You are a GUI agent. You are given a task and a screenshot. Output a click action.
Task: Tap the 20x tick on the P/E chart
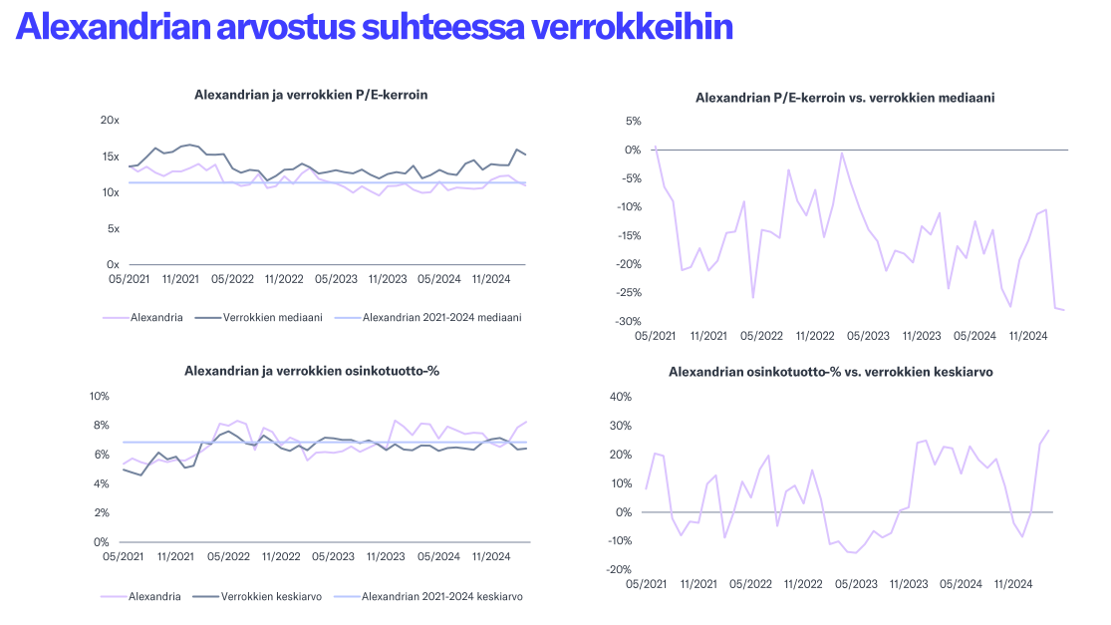pos(110,121)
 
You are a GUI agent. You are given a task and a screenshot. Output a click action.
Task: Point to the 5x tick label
pos(113,229)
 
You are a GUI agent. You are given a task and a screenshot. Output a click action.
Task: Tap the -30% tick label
pos(626,321)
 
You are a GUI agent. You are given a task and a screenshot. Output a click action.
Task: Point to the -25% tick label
pos(626,293)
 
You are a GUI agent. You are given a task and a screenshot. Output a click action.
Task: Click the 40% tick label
pos(620,397)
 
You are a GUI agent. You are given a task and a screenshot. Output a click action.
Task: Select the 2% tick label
pos(102,513)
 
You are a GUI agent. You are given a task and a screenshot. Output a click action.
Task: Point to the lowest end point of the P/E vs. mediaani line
pos(1063,310)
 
